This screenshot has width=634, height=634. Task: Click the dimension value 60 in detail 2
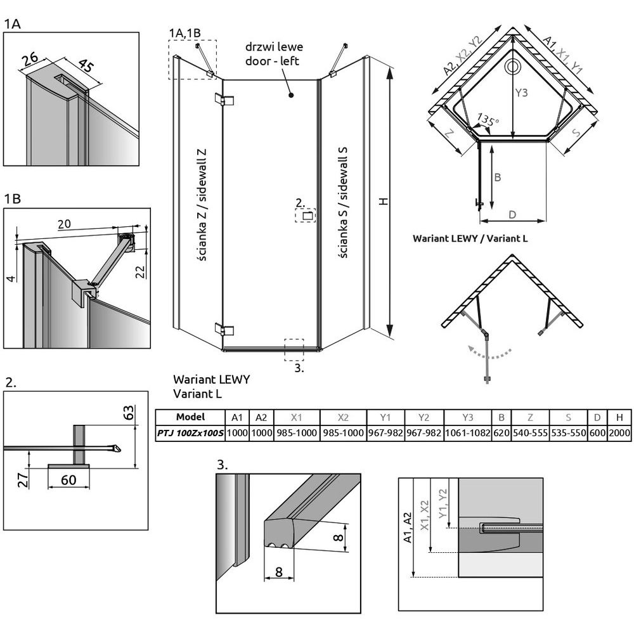point(68,479)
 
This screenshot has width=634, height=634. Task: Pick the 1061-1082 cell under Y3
point(467,433)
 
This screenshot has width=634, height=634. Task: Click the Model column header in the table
point(190,417)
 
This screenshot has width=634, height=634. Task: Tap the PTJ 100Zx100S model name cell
point(190,433)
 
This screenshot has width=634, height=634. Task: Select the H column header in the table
point(619,417)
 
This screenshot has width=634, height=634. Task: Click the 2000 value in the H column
point(619,433)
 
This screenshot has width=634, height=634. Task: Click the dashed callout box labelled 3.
point(294,348)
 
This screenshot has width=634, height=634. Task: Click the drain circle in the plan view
point(511,66)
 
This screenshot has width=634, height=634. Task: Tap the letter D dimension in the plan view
point(511,215)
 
